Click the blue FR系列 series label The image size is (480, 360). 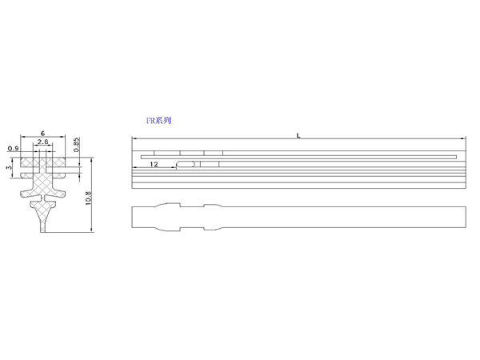(x=158, y=120)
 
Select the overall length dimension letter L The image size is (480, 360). (x=298, y=135)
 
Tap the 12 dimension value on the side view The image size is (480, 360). (x=154, y=164)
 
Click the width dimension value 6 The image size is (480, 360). (x=42, y=133)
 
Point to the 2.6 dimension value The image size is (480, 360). (x=43, y=142)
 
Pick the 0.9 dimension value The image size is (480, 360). (x=13, y=149)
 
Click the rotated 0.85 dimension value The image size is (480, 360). (x=77, y=144)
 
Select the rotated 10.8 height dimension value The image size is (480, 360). (x=89, y=198)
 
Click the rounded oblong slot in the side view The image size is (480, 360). (x=186, y=164)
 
